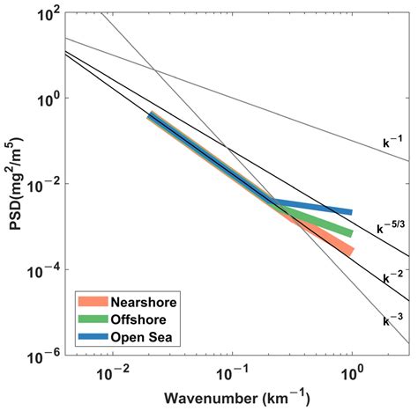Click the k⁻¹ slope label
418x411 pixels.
392,142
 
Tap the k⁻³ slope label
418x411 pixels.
392,319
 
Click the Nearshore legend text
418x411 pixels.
144,302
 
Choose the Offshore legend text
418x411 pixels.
138,319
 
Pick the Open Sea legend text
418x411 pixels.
141,337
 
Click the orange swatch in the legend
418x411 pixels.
93,302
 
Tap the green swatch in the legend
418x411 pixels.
93,319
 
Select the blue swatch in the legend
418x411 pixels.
93,336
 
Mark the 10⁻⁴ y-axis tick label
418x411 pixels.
44,272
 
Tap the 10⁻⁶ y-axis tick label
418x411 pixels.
44,357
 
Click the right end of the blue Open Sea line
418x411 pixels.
352,212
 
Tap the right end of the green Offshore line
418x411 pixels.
352,233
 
